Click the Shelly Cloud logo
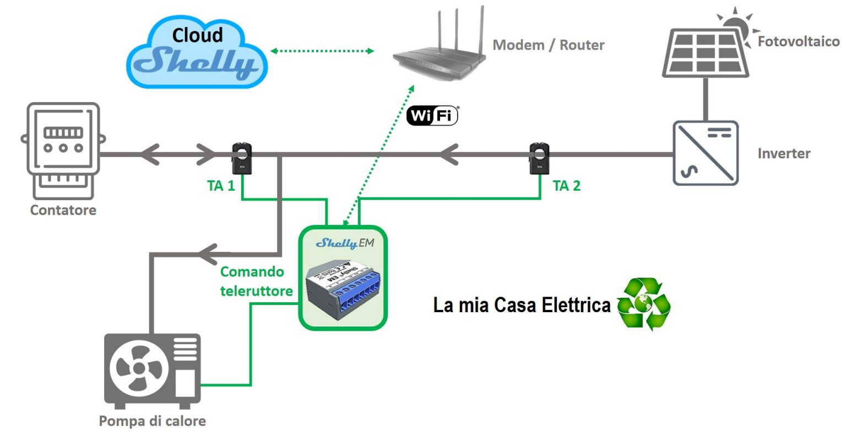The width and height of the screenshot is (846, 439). click(x=197, y=52)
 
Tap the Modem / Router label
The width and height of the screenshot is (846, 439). click(x=548, y=45)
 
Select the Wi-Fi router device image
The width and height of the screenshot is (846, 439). click(x=438, y=47)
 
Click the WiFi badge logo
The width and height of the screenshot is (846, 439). click(x=432, y=116)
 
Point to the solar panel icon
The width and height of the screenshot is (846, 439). click(x=705, y=52)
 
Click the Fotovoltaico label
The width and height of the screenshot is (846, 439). click(x=798, y=41)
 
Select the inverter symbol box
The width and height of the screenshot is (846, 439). click(x=706, y=153)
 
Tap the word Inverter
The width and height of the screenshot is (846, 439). click(x=784, y=154)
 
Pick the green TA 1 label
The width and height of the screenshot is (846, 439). click(x=221, y=186)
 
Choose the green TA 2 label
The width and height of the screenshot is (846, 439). click(x=566, y=186)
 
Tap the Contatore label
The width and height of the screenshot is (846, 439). click(x=63, y=210)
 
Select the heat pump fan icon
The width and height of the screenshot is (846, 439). click(x=138, y=368)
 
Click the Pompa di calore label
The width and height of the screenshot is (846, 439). click(x=152, y=421)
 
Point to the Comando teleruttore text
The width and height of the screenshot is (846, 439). click(x=256, y=281)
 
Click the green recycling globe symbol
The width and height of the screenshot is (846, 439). click(x=643, y=304)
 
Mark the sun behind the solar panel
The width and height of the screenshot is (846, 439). click(x=736, y=25)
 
